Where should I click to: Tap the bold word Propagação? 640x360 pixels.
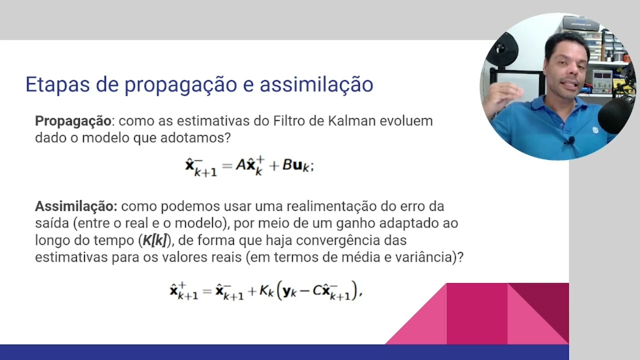click(72, 121)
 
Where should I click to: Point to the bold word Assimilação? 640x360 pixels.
click(76, 206)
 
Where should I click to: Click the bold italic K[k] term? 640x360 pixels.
click(154, 240)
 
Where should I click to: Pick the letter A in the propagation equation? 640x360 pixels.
click(240, 165)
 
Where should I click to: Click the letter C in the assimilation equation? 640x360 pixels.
click(317, 291)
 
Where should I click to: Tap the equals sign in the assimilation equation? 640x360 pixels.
click(206, 291)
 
